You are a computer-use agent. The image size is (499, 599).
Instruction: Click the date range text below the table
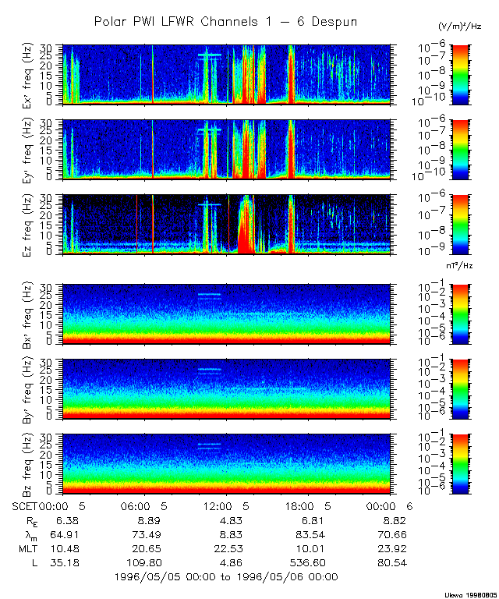225,576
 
